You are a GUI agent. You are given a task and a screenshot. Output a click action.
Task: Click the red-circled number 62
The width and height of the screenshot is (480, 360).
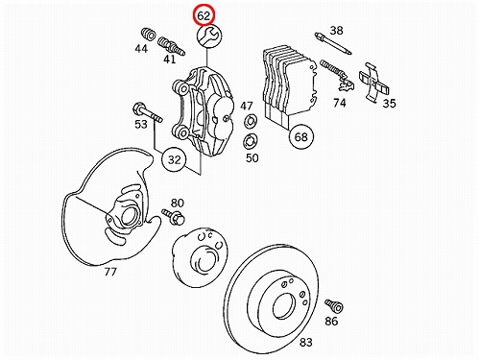pyautogui.click(x=204, y=15)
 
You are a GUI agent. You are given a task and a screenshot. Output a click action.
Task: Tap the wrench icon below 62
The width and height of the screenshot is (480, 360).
pyautogui.click(x=209, y=36)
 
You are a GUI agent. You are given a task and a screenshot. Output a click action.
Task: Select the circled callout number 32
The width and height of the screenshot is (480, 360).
pyautogui.click(x=175, y=159)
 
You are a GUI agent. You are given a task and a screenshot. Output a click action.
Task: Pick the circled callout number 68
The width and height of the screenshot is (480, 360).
pyautogui.click(x=300, y=136)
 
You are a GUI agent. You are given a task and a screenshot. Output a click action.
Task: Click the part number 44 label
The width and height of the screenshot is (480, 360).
pyautogui.click(x=141, y=49)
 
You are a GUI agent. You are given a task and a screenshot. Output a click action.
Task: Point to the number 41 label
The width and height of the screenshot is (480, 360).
pyautogui.click(x=170, y=60)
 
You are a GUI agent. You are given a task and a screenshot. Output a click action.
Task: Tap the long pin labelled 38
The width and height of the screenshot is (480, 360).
pyautogui.click(x=333, y=43)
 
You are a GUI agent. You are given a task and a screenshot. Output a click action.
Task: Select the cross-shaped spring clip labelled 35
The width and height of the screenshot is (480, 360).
pyautogui.click(x=373, y=82)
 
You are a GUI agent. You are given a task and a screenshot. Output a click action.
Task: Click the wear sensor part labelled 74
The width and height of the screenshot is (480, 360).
pyautogui.click(x=337, y=76)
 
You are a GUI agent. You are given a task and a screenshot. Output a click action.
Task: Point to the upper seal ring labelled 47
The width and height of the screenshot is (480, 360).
pyautogui.click(x=251, y=121)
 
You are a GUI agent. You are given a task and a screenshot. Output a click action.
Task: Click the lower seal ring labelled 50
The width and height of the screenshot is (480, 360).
pyautogui.click(x=251, y=142)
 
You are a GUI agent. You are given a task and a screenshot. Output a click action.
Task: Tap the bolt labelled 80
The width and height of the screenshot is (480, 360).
pyautogui.click(x=174, y=217)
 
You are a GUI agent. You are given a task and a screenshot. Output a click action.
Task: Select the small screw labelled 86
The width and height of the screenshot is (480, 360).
pyautogui.click(x=334, y=305)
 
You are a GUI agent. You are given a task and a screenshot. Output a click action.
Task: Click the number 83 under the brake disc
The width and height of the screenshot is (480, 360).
pyautogui.click(x=306, y=342)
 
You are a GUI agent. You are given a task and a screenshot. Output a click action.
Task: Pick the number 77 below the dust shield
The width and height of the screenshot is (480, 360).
pyautogui.click(x=110, y=272)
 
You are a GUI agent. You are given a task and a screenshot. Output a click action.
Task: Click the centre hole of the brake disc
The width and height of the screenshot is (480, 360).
pyautogui.click(x=284, y=306)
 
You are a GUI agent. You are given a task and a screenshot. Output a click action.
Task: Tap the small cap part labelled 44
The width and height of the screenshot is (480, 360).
pyautogui.click(x=148, y=34)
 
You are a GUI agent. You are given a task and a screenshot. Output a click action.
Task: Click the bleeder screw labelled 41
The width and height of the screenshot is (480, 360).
pyautogui.click(x=172, y=46)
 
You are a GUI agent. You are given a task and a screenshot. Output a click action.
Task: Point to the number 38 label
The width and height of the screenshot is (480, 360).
pyautogui.click(x=336, y=31)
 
